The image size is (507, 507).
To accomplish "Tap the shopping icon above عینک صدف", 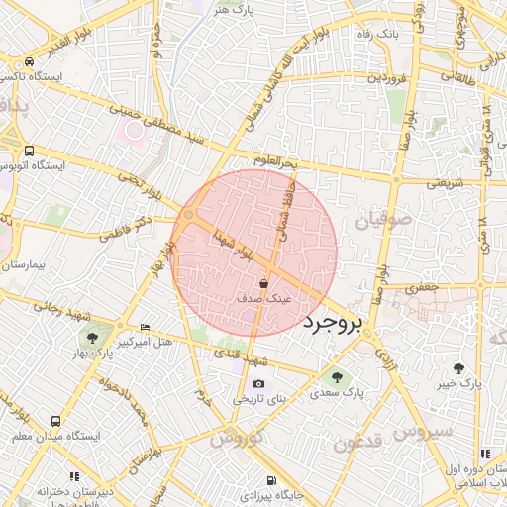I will (x=262, y=284).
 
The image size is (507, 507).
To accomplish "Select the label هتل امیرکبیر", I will (x=146, y=342).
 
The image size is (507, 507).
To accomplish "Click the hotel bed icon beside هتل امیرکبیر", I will (x=146, y=328).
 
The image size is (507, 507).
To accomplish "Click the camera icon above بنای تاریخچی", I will (x=258, y=384).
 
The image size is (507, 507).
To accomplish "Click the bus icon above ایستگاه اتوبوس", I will (x=29, y=151).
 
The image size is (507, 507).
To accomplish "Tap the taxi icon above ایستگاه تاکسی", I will (x=31, y=61).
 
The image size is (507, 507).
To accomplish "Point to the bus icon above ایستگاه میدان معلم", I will (x=55, y=421).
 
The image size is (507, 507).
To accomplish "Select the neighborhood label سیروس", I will (x=424, y=432).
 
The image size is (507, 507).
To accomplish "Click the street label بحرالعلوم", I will (x=274, y=161).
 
